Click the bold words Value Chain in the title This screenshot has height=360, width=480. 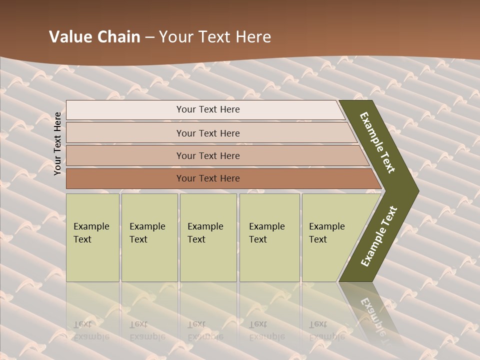click(x=94, y=37)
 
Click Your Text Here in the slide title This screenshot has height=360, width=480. click(x=215, y=37)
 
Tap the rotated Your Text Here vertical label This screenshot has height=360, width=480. click(x=57, y=143)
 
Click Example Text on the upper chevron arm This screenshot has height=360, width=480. click(x=377, y=142)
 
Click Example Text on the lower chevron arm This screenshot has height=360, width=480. click(x=378, y=236)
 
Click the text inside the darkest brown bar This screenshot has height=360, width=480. click(x=208, y=178)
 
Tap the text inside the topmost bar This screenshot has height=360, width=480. click(x=208, y=109)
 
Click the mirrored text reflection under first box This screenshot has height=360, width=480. click(x=91, y=330)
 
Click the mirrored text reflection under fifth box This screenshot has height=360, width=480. click(x=326, y=330)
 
